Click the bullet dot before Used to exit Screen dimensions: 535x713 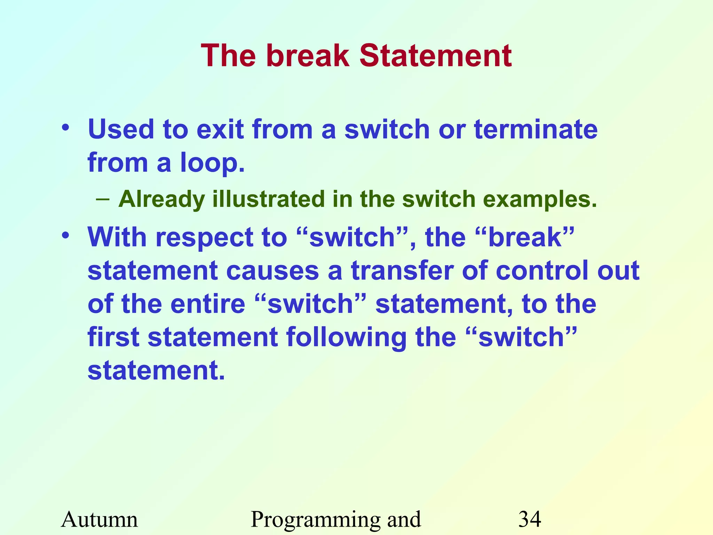(65, 128)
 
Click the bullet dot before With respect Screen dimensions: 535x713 (65, 236)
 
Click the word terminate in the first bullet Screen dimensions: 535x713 (536, 129)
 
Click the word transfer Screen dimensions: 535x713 (402, 271)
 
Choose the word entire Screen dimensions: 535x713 (208, 304)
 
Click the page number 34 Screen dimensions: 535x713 (530, 519)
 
